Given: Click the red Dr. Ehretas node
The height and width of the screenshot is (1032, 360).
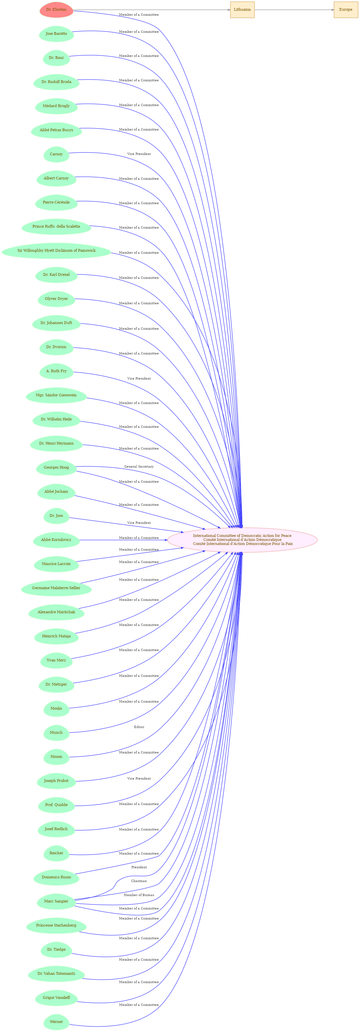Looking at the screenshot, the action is (x=57, y=10).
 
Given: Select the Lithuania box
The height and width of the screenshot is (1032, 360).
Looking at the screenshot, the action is (x=242, y=10).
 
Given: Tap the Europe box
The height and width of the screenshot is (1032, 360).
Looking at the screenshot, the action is (x=346, y=10).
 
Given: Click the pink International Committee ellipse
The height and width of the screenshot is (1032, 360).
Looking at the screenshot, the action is (x=243, y=540).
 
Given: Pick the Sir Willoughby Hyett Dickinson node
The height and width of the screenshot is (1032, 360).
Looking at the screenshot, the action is (x=57, y=251).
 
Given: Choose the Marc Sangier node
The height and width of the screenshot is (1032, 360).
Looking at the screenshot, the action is (x=57, y=901).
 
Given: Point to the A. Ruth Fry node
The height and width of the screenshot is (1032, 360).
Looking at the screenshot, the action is (x=57, y=371).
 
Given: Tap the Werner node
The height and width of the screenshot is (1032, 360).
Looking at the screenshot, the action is (x=57, y=1022).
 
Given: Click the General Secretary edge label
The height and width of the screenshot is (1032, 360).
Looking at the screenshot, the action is (x=139, y=466).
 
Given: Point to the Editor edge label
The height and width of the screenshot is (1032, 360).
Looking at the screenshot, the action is (x=139, y=727).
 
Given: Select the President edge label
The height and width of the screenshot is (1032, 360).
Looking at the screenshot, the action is (x=139, y=867).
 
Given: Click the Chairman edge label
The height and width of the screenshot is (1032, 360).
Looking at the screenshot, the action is (x=139, y=881).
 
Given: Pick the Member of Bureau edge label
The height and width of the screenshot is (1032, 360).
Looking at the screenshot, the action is (x=139, y=894).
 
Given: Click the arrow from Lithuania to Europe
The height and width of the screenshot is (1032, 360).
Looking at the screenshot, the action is (x=294, y=10).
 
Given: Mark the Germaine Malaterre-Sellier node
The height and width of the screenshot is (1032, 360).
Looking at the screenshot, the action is (x=57, y=588).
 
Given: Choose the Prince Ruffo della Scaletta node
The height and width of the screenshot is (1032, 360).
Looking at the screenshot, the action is (x=57, y=227).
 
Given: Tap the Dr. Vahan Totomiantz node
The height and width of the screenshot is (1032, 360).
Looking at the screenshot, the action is (x=57, y=973).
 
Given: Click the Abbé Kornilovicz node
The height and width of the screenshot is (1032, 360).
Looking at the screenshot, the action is (x=57, y=540).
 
